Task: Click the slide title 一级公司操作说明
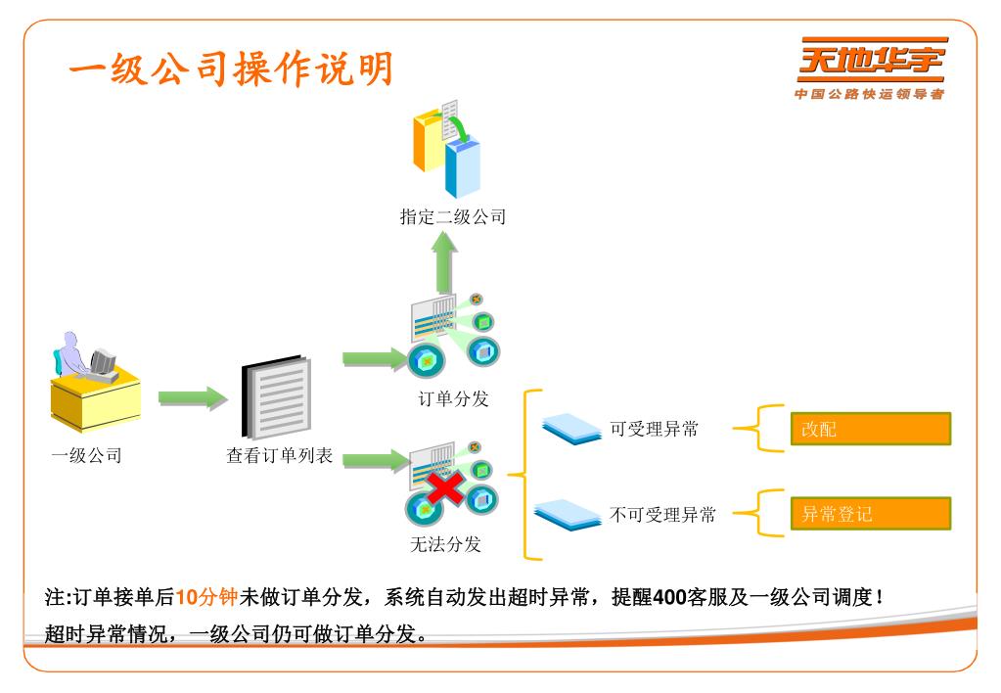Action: (x=231, y=69)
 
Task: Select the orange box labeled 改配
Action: (x=870, y=429)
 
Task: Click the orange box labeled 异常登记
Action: (x=870, y=513)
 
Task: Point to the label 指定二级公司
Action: (x=452, y=217)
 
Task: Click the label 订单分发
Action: (x=452, y=399)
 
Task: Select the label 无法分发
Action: (x=446, y=544)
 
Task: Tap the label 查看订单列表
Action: (x=280, y=455)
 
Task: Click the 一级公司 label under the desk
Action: (x=86, y=455)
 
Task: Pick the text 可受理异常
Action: (x=654, y=429)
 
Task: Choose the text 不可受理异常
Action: (x=662, y=514)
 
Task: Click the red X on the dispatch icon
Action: (x=443, y=486)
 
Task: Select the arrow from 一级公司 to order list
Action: (x=192, y=397)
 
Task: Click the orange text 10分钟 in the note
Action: (x=206, y=597)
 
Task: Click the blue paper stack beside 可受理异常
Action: (x=571, y=428)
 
